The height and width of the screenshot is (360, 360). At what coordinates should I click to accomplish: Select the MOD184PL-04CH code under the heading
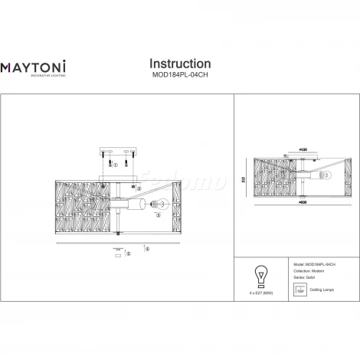179,76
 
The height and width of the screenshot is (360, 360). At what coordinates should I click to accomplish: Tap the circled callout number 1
116,164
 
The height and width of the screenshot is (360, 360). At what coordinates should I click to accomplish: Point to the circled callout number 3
157,217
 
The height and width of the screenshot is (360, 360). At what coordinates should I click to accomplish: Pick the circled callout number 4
147,249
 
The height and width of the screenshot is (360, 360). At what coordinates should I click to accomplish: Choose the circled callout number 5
129,254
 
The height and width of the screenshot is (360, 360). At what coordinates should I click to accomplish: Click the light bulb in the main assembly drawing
159,204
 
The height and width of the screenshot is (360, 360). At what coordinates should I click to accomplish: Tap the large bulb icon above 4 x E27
260,274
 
